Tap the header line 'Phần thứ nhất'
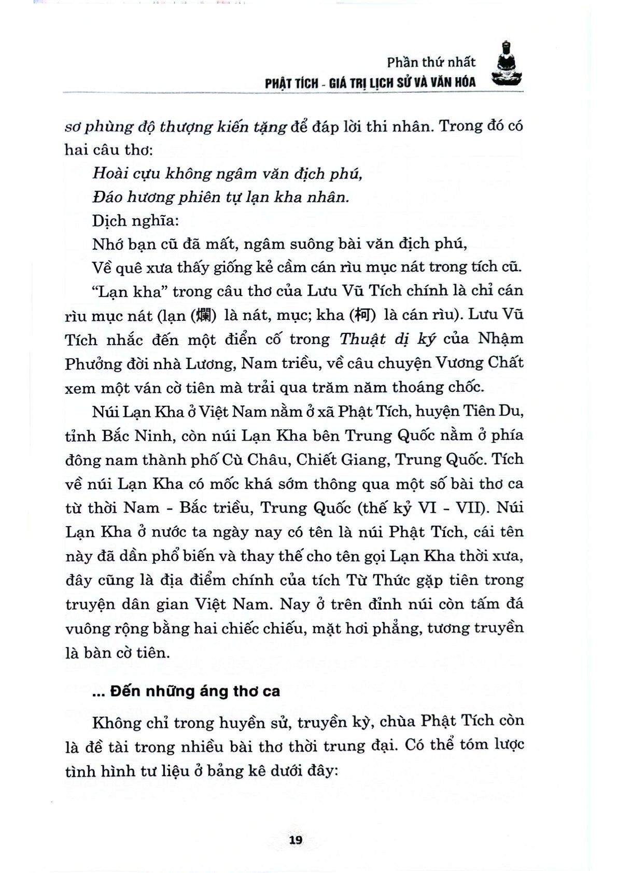point(430,62)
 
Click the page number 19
point(296,839)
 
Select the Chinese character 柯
point(361,315)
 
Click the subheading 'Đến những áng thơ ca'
point(194,691)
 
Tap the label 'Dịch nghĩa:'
point(135,220)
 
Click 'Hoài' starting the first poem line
point(107,173)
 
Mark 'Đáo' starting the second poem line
point(107,197)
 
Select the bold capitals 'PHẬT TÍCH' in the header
point(291,82)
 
